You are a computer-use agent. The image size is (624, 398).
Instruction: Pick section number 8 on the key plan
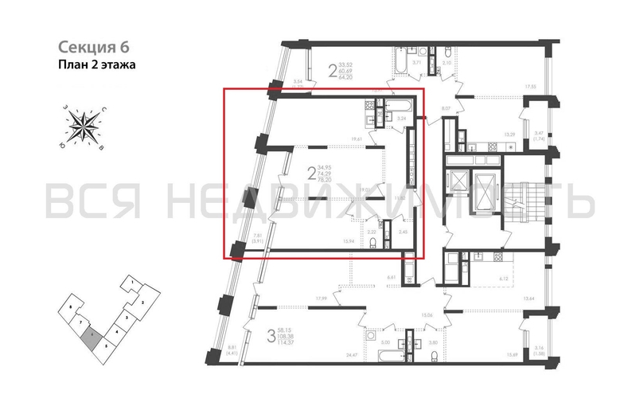(72, 306)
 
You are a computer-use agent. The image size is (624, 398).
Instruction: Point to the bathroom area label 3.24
(401, 119)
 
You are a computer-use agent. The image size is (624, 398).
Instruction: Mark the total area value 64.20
(345, 78)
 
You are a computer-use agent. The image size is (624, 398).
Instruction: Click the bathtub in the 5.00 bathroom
(387, 350)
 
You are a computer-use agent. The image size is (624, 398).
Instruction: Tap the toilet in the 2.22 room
(372, 242)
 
